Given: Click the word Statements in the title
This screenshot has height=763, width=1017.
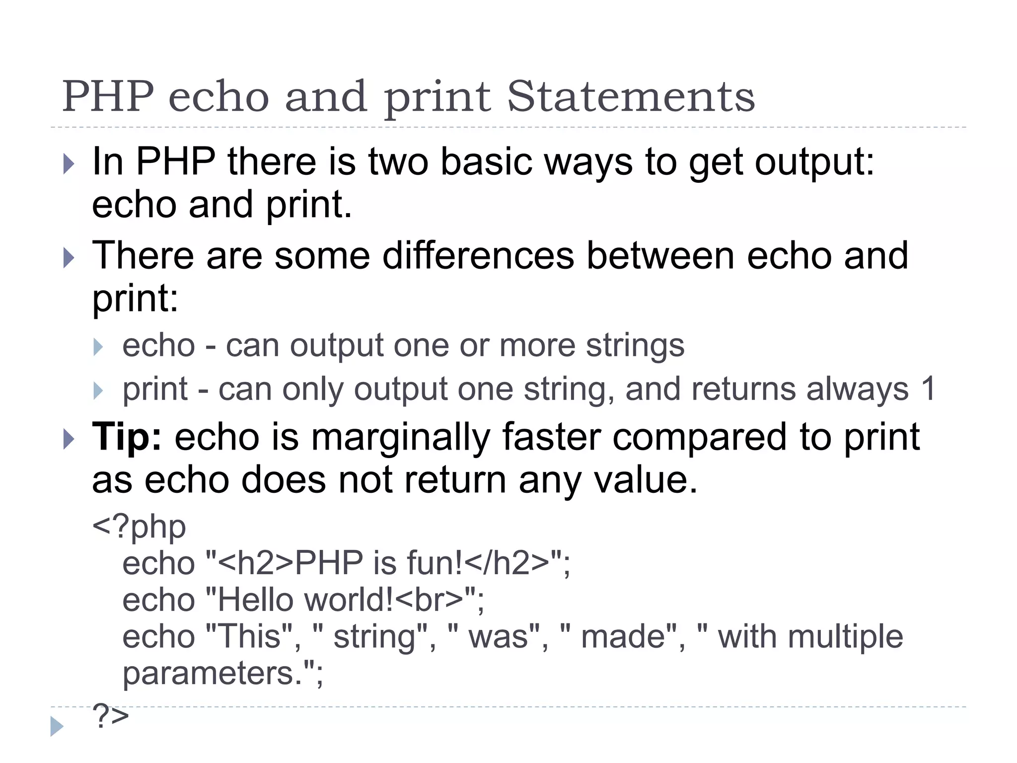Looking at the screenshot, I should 631,97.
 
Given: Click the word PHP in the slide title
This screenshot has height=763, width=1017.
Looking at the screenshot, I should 108,97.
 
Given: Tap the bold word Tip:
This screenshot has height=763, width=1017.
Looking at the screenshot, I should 127,437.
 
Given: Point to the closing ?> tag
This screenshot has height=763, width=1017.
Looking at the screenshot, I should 110,716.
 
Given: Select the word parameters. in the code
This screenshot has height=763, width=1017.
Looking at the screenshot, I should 222,674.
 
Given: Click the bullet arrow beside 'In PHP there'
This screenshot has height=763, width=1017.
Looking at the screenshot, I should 69,163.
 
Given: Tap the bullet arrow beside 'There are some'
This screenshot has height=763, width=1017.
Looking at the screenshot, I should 69,257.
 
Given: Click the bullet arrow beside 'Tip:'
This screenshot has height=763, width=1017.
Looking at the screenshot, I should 69,439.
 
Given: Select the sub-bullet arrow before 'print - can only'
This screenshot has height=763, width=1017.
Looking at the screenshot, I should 98,390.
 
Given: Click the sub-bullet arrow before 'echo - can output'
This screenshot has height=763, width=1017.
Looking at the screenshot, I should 98,347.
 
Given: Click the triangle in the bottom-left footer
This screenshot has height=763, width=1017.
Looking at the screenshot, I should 57,726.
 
